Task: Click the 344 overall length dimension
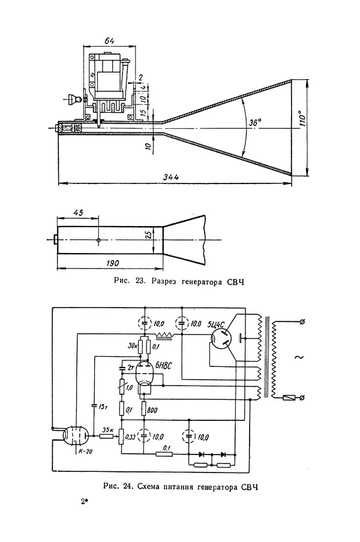click(x=171, y=177)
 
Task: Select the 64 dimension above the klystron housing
click(x=109, y=41)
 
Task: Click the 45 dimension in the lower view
click(x=79, y=212)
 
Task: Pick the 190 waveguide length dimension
click(x=112, y=263)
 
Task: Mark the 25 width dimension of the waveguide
click(x=148, y=235)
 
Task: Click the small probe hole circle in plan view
click(x=98, y=240)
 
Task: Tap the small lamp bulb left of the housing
click(x=74, y=98)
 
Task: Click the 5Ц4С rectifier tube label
click(x=216, y=324)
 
